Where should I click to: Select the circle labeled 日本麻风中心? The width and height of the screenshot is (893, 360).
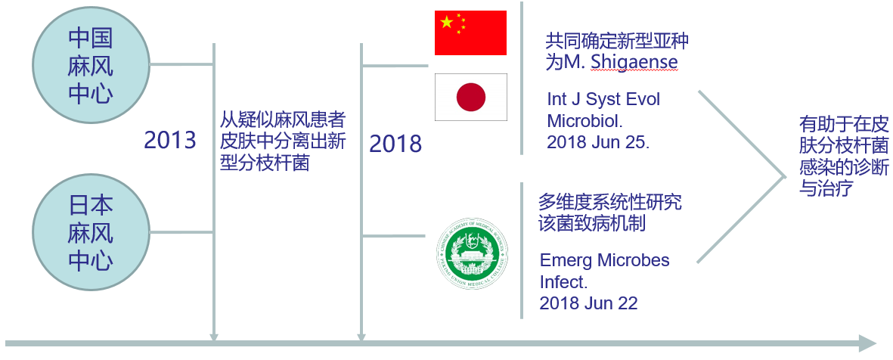(x=90, y=232)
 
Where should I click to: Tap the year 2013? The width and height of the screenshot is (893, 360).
(x=169, y=140)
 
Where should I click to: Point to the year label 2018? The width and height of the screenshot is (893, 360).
(x=395, y=144)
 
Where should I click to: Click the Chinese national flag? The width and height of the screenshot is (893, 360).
(x=470, y=33)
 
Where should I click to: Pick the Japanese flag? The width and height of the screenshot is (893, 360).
(x=470, y=97)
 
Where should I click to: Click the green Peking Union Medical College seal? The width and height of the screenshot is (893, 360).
(x=472, y=253)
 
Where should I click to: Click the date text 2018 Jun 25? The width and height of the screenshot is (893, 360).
(x=597, y=142)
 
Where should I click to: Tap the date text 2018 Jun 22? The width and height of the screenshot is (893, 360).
(x=588, y=303)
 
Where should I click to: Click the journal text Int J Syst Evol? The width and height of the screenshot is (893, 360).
(x=603, y=100)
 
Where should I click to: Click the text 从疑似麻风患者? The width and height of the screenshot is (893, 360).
(x=283, y=121)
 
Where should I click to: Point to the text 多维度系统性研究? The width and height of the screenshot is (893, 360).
(x=610, y=202)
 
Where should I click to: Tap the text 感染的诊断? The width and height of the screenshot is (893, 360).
(x=843, y=167)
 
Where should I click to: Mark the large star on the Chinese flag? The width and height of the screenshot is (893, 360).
(x=446, y=23)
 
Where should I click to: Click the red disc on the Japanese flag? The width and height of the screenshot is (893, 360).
(x=471, y=97)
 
